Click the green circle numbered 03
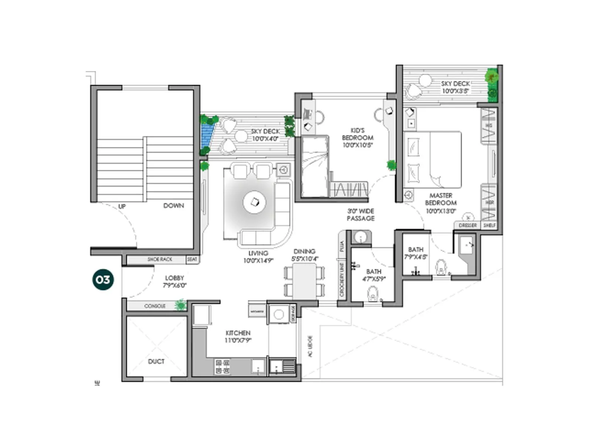click(103, 280)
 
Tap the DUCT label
click(156, 361)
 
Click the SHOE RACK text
click(160, 260)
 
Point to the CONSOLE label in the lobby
click(155, 306)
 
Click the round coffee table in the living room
click(254, 202)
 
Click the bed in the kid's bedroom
click(315, 167)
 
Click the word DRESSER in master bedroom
click(468, 225)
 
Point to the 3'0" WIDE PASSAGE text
click(361, 214)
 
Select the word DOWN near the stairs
click(174, 206)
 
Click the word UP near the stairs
click(122, 206)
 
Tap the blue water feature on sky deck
click(208, 135)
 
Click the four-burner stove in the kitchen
click(222, 367)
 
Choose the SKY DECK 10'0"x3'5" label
click(455, 87)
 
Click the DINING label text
click(304, 251)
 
